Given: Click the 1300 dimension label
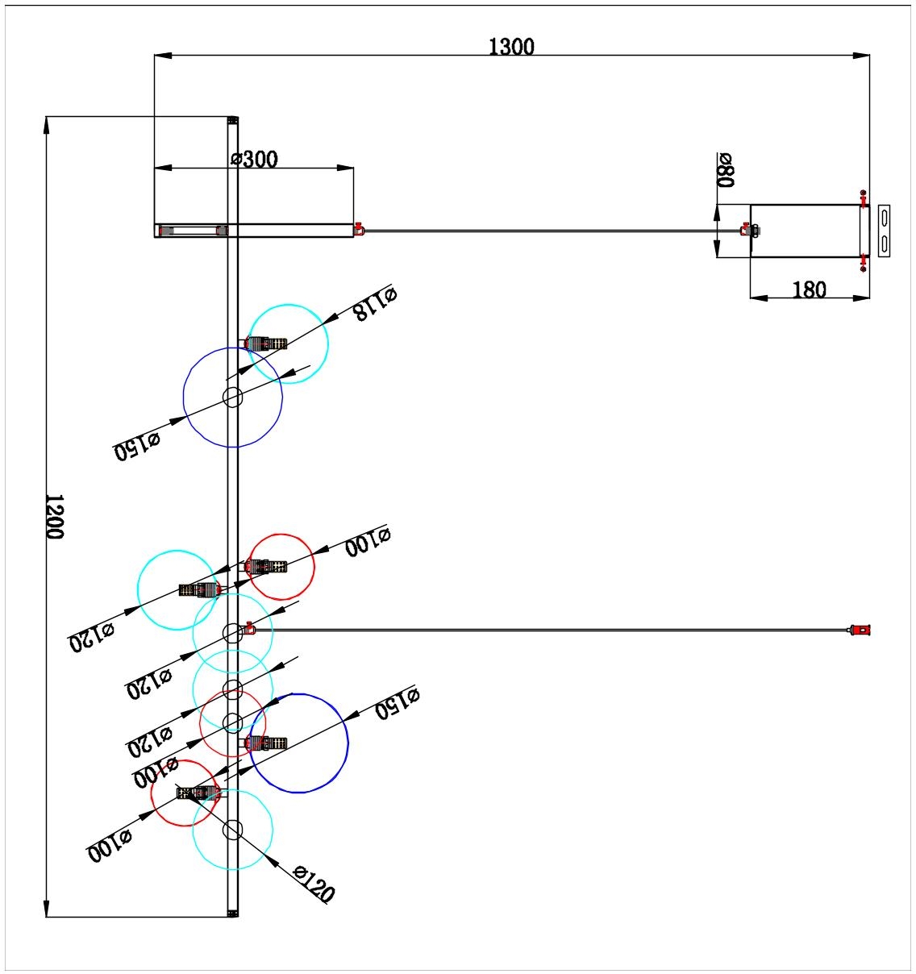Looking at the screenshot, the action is pos(511,47).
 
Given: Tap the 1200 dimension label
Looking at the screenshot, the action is pos(55,516).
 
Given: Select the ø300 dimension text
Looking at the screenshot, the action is pos(254,159).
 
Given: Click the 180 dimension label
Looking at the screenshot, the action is pos(810,289).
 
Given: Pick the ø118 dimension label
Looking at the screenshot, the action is pos(375,304).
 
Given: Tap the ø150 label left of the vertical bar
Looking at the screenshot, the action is pos(137,445).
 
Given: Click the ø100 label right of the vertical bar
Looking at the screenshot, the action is pos(368,542).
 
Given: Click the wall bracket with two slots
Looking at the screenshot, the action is pos(884,231).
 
